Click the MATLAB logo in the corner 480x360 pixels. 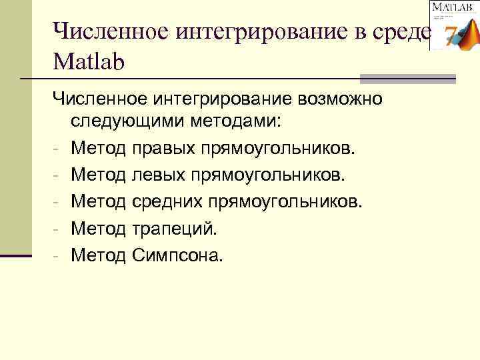click(x=454, y=25)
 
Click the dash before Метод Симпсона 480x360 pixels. click(x=58, y=255)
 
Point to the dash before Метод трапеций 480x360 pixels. click(x=58, y=228)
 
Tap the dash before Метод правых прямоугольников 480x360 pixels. click(x=58, y=148)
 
